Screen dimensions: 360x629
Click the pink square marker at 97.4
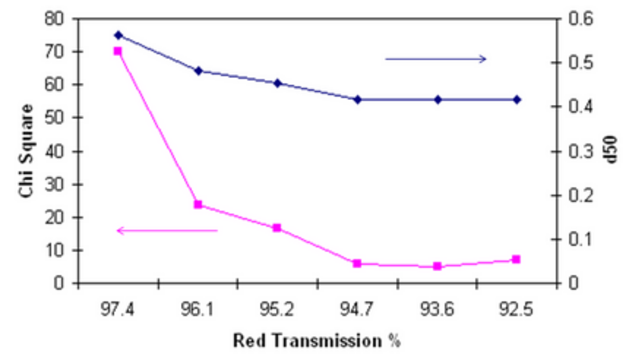(118, 51)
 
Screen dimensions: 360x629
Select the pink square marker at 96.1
(198, 204)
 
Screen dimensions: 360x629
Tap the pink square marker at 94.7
(357, 264)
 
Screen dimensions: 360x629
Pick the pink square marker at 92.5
(516, 259)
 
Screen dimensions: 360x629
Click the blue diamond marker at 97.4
(118, 35)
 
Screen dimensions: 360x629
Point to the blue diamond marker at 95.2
(277, 83)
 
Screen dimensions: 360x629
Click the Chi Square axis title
(27, 151)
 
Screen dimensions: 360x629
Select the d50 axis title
(610, 151)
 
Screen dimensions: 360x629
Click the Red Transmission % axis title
(317, 341)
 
